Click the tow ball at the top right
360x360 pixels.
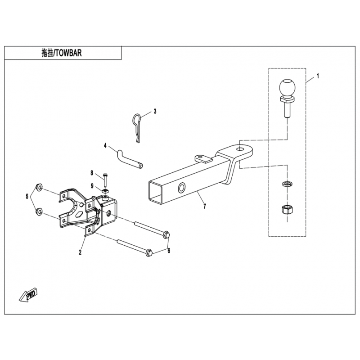pyautogui.click(x=287, y=98)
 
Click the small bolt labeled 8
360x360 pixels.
pyautogui.click(x=105, y=180)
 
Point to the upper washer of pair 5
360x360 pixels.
pyautogui.click(x=39, y=187)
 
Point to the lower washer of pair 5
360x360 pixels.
pyautogui.click(x=39, y=211)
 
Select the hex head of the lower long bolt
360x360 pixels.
pyautogui.click(x=149, y=253)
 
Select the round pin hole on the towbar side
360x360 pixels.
pyautogui.click(x=182, y=188)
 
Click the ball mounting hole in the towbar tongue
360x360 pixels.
pyautogui.click(x=240, y=149)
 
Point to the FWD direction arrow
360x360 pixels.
pyautogui.click(x=29, y=295)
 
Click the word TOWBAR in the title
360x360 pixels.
pyautogui.click(x=68, y=53)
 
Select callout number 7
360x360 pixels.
pyautogui.click(x=205, y=206)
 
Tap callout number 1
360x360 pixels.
pyautogui.click(x=318, y=76)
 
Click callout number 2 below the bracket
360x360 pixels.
pyautogui.click(x=80, y=252)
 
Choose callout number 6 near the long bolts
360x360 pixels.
pyautogui.click(x=169, y=251)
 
